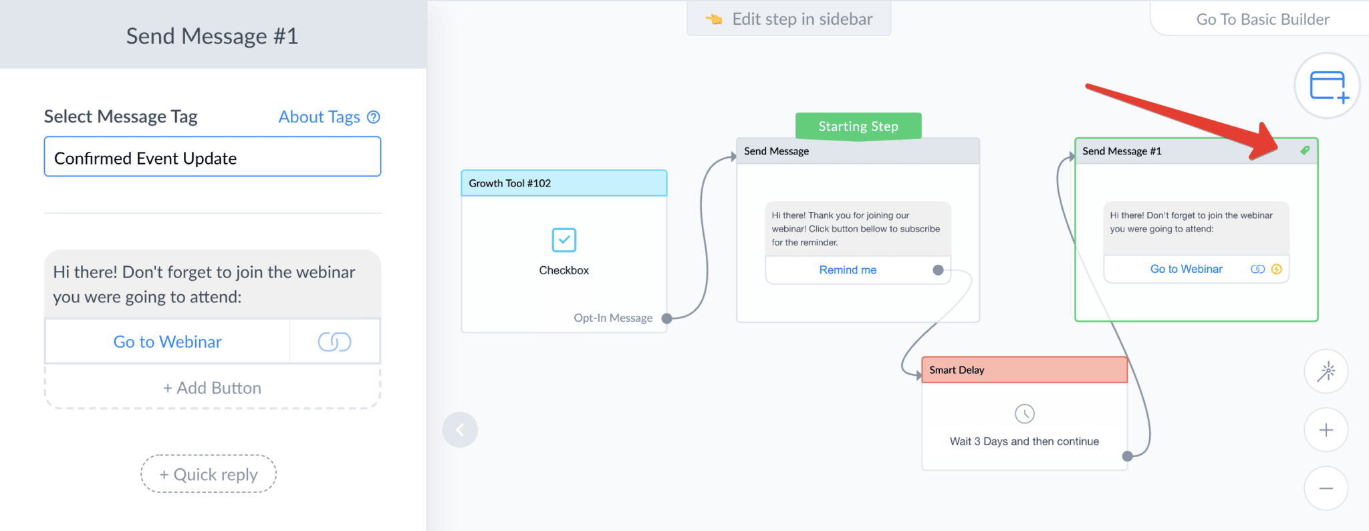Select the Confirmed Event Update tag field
coord(213,157)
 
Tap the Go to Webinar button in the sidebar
coord(168,342)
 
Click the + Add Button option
coord(213,388)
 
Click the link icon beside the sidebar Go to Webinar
coord(334,342)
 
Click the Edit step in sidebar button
coord(789,19)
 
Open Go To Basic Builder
coord(1262,19)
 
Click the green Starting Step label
coord(858,126)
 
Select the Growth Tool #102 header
coord(564,183)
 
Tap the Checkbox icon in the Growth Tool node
coord(564,239)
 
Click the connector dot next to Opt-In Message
coord(666,318)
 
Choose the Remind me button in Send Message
coord(848,270)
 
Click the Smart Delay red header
coord(1024,370)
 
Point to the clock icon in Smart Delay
coord(1025,414)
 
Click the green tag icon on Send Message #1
coord(1305,150)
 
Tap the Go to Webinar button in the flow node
coord(1186,269)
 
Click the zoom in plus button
coord(1326,430)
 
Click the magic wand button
coord(1326,371)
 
